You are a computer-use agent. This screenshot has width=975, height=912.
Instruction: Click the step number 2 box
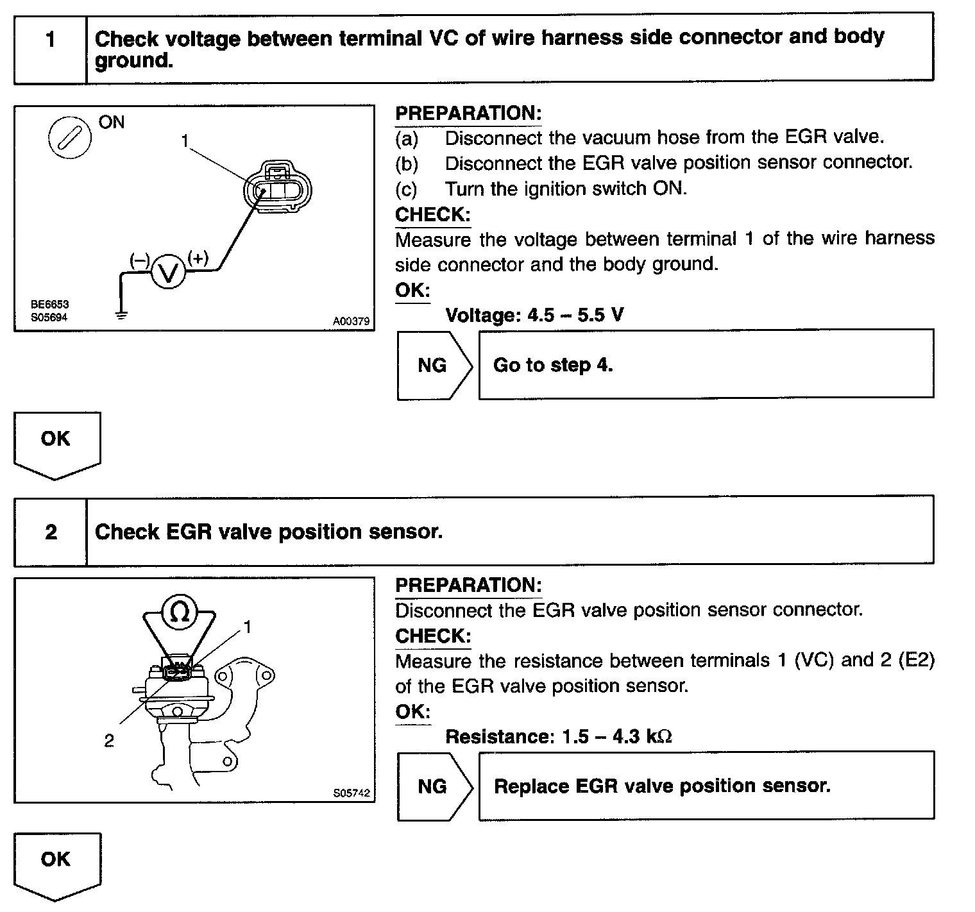pyautogui.click(x=51, y=532)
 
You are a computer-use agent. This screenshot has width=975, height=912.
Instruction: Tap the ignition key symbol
pyautogui.click(x=70, y=138)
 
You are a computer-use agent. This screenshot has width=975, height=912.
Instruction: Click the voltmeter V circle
pyautogui.click(x=168, y=273)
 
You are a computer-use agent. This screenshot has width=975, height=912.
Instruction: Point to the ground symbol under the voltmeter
pyautogui.click(x=121, y=314)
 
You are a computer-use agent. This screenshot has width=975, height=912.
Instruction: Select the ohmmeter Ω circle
pyautogui.click(x=180, y=613)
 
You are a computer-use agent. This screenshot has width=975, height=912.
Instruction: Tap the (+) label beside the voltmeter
pyautogui.click(x=198, y=258)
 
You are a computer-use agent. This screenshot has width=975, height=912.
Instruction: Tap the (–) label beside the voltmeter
pyautogui.click(x=140, y=260)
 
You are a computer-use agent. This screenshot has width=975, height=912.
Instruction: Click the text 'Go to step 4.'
pyautogui.click(x=553, y=365)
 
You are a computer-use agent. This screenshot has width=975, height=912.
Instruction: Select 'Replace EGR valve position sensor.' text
pyautogui.click(x=662, y=786)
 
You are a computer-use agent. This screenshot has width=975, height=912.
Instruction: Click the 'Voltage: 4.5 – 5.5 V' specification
pyautogui.click(x=534, y=315)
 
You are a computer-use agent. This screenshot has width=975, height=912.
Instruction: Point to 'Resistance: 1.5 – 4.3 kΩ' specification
pyautogui.click(x=558, y=736)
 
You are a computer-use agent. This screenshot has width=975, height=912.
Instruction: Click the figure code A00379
pyautogui.click(x=351, y=321)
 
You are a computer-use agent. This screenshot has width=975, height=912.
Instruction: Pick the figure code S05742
pyautogui.click(x=352, y=793)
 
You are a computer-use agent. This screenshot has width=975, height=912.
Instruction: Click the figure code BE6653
pyautogui.click(x=49, y=305)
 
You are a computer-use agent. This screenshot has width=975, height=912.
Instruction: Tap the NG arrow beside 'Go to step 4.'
pyautogui.click(x=434, y=365)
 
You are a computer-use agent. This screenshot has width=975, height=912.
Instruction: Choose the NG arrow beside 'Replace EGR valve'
pyautogui.click(x=434, y=786)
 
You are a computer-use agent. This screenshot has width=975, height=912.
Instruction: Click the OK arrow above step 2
pyautogui.click(x=56, y=444)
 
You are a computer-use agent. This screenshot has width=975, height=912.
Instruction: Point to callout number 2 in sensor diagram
pyautogui.click(x=109, y=741)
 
